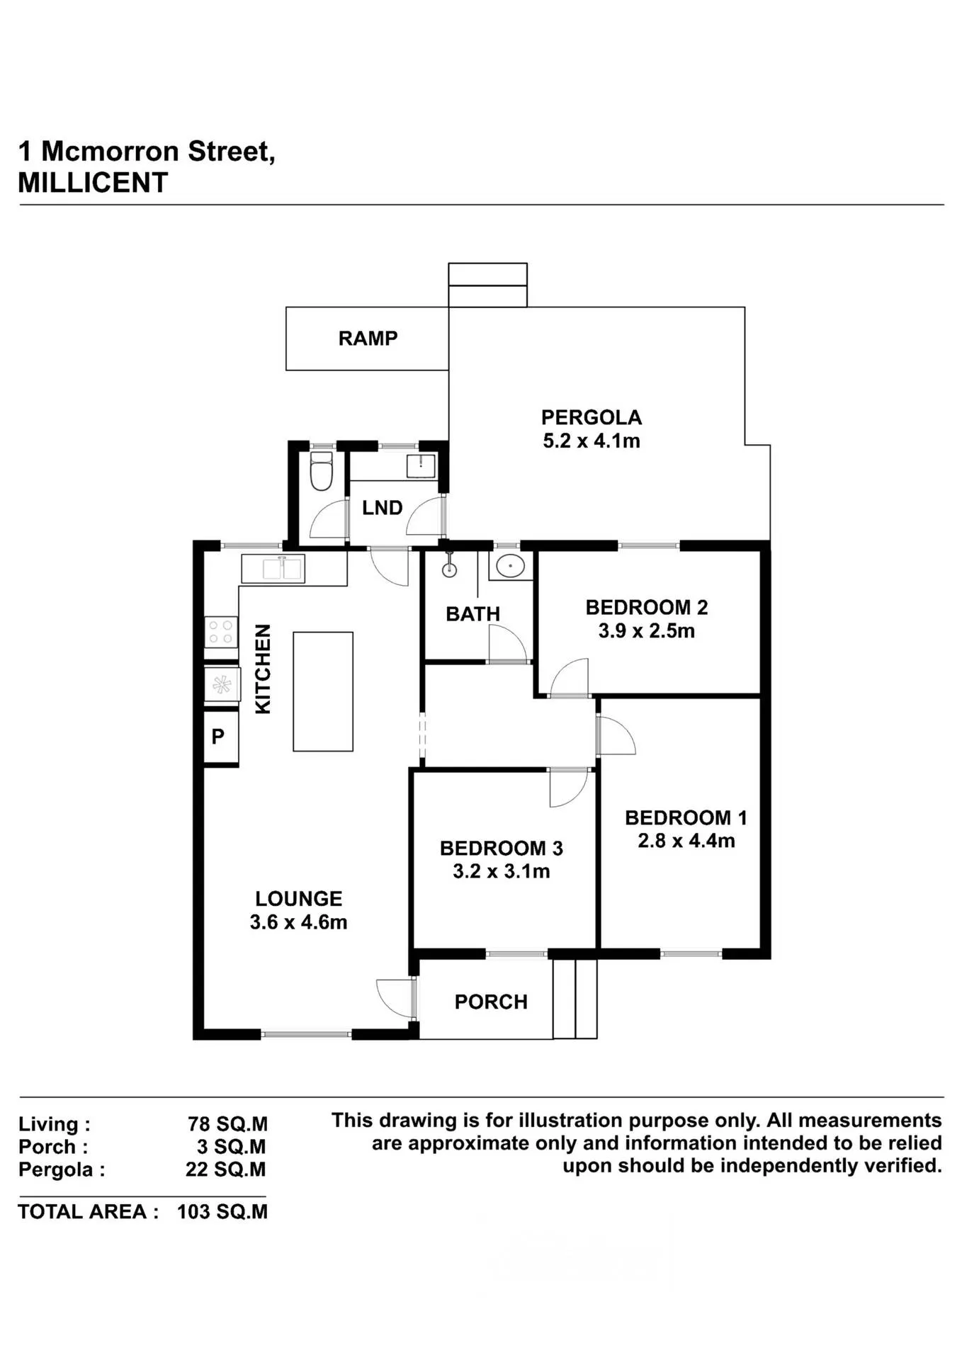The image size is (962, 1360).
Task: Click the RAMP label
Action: (x=368, y=339)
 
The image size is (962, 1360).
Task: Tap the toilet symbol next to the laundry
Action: (x=322, y=471)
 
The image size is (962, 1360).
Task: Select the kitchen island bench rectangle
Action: (x=323, y=691)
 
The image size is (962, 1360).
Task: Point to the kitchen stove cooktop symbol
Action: (x=221, y=632)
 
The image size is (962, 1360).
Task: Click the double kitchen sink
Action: (x=283, y=569)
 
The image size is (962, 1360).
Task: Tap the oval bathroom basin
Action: (x=510, y=566)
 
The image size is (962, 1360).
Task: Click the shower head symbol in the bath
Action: (x=449, y=566)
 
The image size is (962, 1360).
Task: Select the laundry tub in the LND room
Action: (x=421, y=466)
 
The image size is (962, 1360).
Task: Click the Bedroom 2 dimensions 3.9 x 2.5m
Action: (x=647, y=631)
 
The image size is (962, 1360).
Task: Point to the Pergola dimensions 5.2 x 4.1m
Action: (x=592, y=441)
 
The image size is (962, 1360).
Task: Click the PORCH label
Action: (x=491, y=1002)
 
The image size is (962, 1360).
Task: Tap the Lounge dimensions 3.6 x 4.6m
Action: (x=298, y=922)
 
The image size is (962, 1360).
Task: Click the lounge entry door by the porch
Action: (x=395, y=999)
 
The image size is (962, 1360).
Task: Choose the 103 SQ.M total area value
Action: (x=222, y=1212)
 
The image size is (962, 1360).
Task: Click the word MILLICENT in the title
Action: (x=93, y=183)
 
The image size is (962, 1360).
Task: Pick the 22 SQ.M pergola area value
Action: (x=226, y=1169)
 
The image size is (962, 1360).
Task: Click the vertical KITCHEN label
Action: (x=263, y=669)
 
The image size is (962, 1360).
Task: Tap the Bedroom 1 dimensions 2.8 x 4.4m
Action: (x=686, y=841)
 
